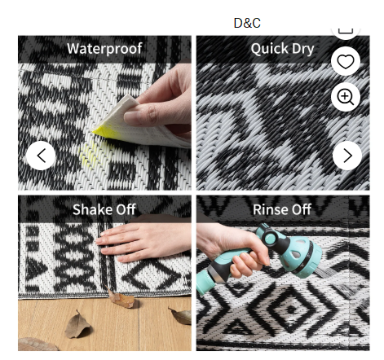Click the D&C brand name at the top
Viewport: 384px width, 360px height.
coord(247,23)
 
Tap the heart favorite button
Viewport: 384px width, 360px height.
coord(346,61)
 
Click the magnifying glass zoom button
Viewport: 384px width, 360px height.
coord(346,97)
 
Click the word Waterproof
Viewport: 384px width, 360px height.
coord(104,49)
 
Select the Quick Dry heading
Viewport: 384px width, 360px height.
coord(282,49)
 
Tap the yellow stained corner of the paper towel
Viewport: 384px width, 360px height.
coord(104,132)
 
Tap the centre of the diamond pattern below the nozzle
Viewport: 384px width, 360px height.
coord(291,309)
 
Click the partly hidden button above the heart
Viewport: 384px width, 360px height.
coord(346,32)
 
